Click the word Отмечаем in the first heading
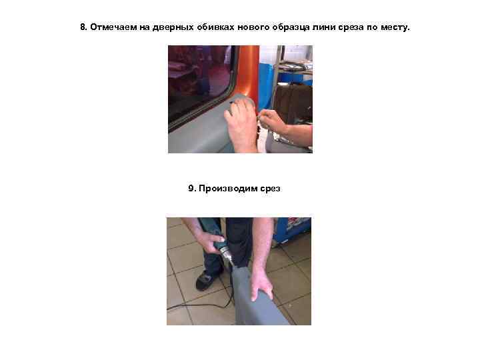click(x=113, y=27)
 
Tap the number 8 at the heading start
click(x=83, y=27)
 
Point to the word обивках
click(x=215, y=27)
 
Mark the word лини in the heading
click(x=324, y=27)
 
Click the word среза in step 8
click(x=351, y=27)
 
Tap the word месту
click(x=395, y=27)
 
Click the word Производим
click(x=228, y=189)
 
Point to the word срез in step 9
click(x=270, y=189)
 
